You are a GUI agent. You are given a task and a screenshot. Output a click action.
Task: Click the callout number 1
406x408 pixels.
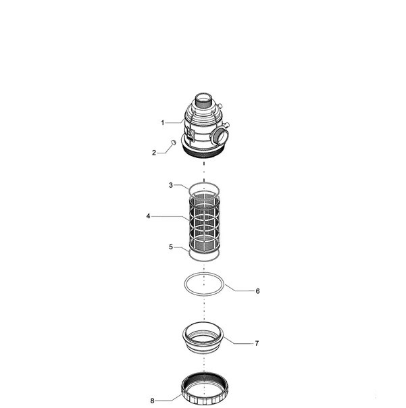click(163, 122)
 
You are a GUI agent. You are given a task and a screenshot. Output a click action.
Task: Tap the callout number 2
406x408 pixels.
click(154, 153)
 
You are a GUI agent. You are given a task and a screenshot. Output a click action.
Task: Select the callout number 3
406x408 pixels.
click(171, 185)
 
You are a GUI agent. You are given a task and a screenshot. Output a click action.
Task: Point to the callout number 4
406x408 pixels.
click(148, 216)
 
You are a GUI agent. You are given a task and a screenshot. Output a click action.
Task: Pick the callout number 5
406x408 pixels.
click(171, 247)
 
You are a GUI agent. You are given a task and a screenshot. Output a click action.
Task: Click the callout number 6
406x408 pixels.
click(257, 291)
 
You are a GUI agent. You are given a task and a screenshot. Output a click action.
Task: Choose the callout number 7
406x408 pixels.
click(257, 343)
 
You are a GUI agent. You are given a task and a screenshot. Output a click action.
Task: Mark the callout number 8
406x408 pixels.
click(152, 401)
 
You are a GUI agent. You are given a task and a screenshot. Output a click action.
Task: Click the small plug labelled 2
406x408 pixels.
click(174, 143)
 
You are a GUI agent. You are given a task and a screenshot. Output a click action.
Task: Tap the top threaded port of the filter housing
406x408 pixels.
click(204, 99)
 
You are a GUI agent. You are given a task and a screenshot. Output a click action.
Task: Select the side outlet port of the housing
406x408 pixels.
click(220, 136)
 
